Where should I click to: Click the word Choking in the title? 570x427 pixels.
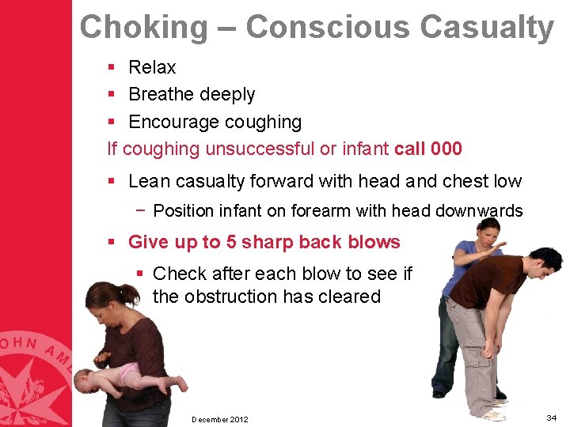click(x=143, y=27)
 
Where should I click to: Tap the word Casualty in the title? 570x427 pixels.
click(x=487, y=27)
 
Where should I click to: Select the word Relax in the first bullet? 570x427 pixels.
click(x=152, y=67)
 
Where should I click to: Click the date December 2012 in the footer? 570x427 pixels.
click(x=219, y=419)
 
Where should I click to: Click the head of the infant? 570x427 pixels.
click(x=85, y=383)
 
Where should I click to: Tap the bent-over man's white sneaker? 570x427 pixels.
click(x=492, y=414)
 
